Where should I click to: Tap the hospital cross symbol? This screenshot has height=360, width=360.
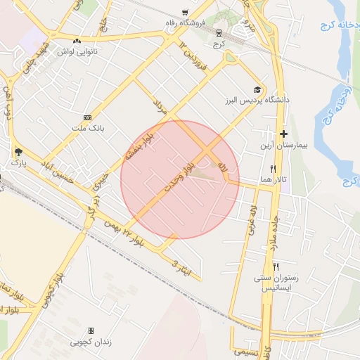tap(283, 134)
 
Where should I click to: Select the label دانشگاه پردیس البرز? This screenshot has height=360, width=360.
tap(258, 101)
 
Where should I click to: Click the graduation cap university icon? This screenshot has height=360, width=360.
tap(257, 89)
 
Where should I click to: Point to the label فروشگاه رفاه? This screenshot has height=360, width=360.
tap(185, 23)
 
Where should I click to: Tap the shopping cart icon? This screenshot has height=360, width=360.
tap(185, 13)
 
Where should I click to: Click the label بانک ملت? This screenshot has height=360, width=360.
tap(87, 129)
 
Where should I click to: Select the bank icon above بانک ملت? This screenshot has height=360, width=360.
tap(87, 117)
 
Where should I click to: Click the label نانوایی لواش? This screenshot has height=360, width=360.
tap(77, 51)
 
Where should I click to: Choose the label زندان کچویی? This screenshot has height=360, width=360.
tap(91, 342)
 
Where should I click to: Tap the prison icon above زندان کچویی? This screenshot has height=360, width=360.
tap(91, 330)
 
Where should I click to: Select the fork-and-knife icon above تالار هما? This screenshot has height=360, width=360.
tap(273, 169)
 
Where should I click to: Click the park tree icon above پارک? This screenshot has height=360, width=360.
tap(18, 151)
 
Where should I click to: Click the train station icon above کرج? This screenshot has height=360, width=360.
tap(218, 32)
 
